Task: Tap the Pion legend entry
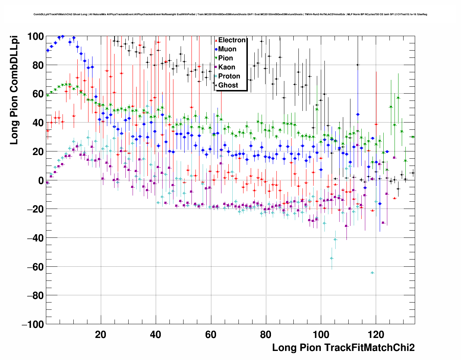coord(225,58)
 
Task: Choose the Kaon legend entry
coord(226,67)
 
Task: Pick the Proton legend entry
coord(229,76)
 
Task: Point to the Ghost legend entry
coord(228,85)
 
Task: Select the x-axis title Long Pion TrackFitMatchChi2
coord(343,348)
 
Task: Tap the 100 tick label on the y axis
coord(35,37)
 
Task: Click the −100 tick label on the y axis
coord(33,324)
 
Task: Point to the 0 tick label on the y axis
coord(40,180)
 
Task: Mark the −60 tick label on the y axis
coord(35,267)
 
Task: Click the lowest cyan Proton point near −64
coord(372,273)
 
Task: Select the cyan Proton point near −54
coord(332,258)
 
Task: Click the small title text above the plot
coord(231,14)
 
